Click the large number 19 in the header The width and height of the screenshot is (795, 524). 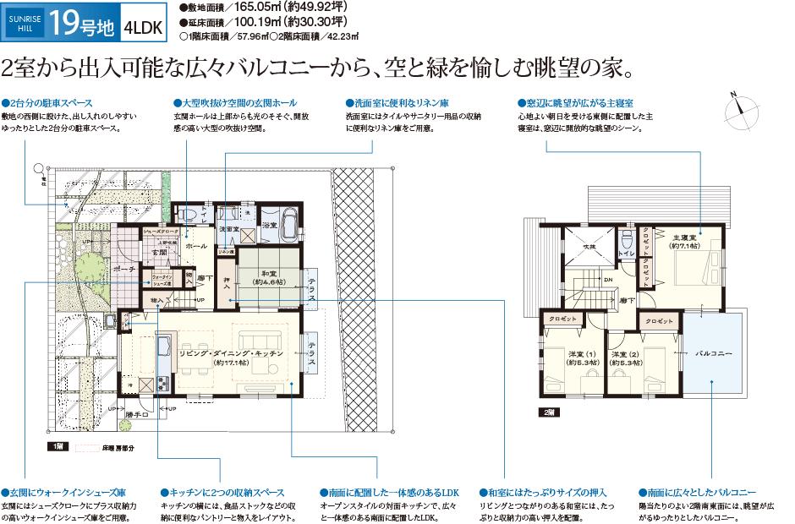pos(63,23)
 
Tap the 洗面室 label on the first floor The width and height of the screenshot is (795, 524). pos(226,228)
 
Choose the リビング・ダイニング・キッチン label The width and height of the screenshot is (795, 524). pos(230,355)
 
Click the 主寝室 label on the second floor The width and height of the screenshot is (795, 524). pos(683,241)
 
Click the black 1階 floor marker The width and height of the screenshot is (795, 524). pos(58,445)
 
